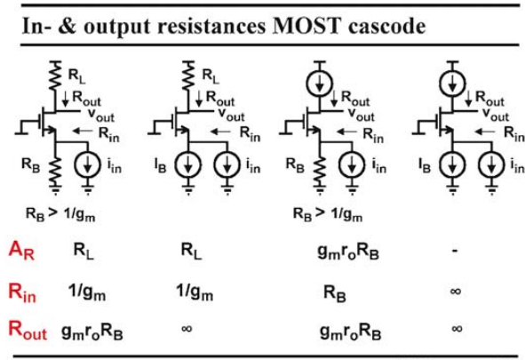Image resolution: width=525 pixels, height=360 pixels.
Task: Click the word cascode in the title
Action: point(386,26)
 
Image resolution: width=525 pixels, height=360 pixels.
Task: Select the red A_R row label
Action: point(21,250)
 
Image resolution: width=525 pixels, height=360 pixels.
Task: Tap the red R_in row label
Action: point(22,292)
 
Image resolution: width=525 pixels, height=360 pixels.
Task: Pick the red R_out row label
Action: point(28,330)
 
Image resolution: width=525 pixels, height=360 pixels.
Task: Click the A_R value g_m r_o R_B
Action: point(348,252)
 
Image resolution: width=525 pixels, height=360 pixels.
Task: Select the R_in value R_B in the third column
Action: point(335,293)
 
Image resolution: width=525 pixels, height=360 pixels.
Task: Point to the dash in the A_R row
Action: point(455,250)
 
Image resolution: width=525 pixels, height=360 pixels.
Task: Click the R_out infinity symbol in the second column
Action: point(187,329)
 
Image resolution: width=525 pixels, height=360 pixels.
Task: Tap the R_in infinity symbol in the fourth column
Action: point(456,291)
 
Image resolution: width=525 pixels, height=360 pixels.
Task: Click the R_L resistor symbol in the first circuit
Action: point(55,76)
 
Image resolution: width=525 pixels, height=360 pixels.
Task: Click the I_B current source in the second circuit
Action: point(187,164)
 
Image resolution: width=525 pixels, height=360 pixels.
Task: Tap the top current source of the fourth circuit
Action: point(452,83)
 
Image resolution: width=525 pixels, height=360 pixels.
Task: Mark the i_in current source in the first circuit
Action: point(87,164)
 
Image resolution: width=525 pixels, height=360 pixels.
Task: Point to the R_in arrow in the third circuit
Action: point(347,132)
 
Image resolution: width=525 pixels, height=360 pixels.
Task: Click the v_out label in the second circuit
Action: point(231,114)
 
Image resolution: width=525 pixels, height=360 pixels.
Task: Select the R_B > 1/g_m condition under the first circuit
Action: point(60,214)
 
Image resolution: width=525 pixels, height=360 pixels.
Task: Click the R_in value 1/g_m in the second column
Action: point(195,292)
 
